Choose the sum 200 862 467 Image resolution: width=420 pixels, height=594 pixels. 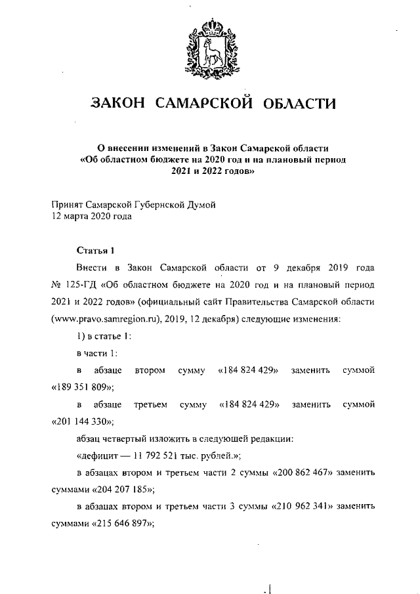pos(283,472)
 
